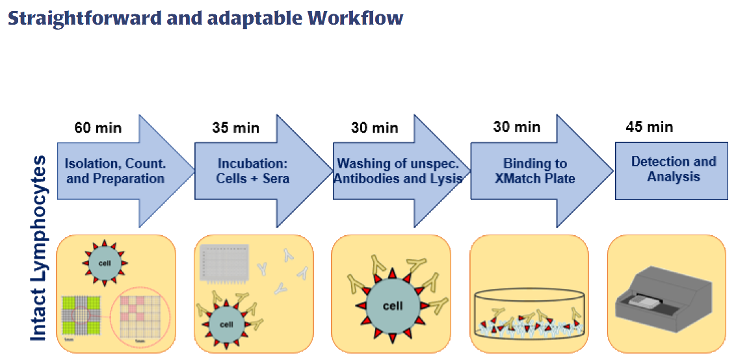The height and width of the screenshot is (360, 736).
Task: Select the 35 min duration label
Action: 235,127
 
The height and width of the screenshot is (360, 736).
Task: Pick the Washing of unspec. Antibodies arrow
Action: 398,170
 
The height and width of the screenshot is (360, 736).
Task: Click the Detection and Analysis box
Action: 673,169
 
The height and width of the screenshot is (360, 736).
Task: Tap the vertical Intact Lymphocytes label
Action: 39,247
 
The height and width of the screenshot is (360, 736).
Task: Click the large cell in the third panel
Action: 392,305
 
